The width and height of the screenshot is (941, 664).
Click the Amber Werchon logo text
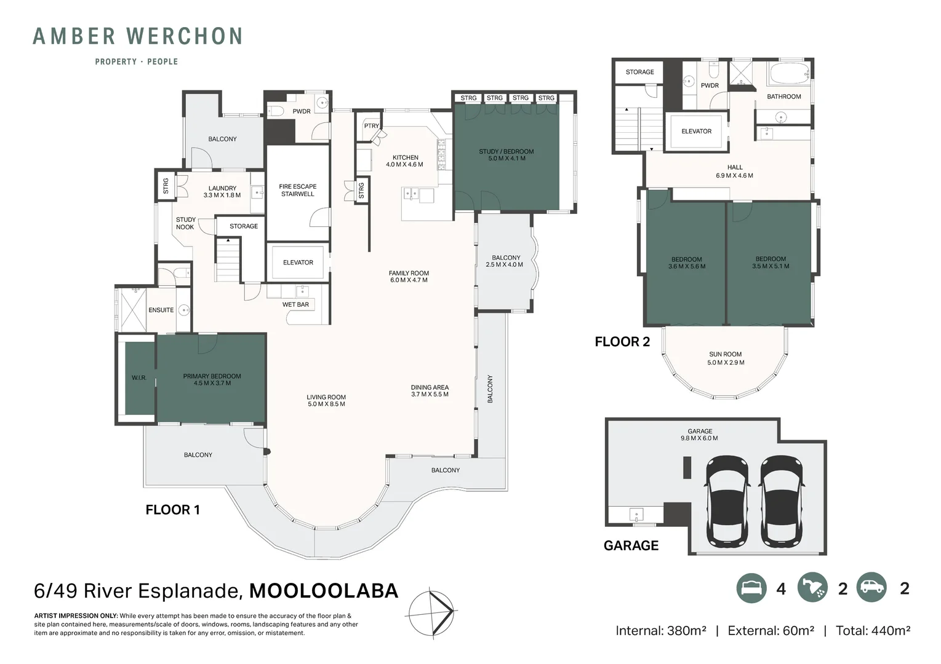coord(137,37)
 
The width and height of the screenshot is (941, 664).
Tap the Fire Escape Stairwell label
coord(297,190)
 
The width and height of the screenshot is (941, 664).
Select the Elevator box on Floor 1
coord(298,263)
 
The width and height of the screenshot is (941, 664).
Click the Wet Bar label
coord(295,304)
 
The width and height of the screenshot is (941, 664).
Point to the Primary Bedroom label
coord(212,379)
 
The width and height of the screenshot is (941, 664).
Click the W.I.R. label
coord(139,377)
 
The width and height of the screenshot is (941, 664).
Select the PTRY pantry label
coord(372,126)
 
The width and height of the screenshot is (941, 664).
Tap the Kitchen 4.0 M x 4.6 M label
coord(405,161)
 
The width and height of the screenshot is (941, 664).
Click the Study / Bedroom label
coord(506,155)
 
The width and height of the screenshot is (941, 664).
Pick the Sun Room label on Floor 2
coord(726,358)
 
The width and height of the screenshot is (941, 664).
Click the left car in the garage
coord(727,500)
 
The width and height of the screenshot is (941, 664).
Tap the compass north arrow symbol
coord(432,612)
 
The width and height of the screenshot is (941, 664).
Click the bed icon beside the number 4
coord(751,588)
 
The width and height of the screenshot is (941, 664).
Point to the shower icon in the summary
coord(812,588)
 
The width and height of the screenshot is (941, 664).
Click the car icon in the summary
coord(871,588)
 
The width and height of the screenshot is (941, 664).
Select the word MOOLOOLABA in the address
coord(324,591)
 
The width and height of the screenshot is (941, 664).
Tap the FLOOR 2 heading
coord(622,342)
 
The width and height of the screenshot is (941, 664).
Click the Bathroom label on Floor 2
coord(783,97)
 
